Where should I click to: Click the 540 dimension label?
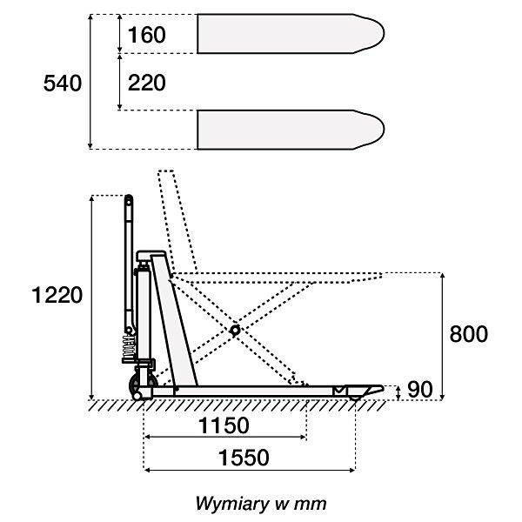coord(63,84)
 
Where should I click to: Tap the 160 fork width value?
coord(146,36)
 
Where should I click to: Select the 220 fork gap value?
coord(146,84)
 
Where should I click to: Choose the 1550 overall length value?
coord(244,457)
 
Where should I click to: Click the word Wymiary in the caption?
coord(229,503)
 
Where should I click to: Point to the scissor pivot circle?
coord(234,331)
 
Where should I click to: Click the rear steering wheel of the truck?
coord(140,387)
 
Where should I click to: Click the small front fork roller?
coord(357,397)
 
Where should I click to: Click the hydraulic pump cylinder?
coord(141,300)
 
